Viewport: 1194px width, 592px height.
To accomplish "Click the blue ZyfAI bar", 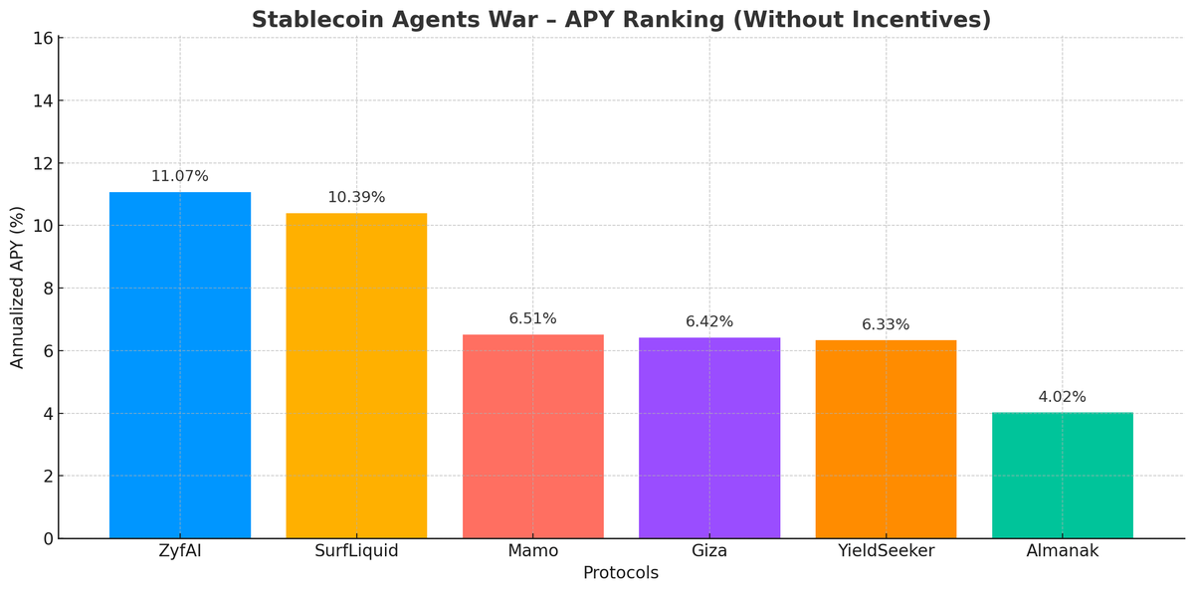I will click(180, 365).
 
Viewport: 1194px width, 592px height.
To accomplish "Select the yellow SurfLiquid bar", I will click(356, 375).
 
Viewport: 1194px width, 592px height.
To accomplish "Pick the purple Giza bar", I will click(709, 438).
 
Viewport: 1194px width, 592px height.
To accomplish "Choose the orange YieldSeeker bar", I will click(886, 439).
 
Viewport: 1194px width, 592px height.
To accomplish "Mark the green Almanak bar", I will click(1062, 475).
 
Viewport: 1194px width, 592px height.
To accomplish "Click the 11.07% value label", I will click(180, 176).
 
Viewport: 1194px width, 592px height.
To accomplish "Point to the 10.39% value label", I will click(356, 197).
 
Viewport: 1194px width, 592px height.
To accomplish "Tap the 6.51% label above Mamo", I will click(532, 318).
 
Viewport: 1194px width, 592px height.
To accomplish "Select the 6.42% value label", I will click(709, 321).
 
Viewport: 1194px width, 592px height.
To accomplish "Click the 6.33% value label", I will click(886, 324).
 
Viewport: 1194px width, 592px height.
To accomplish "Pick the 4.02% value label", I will click(1062, 397).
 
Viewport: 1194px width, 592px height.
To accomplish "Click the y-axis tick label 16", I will click(42, 39).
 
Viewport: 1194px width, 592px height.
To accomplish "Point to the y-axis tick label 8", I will click(47, 289).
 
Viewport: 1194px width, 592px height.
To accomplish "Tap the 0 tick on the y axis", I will click(47, 538).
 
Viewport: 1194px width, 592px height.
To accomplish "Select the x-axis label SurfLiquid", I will click(356, 550).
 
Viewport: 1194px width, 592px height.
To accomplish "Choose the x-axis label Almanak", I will click(1062, 550).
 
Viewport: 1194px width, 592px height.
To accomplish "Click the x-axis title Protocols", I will click(620, 573).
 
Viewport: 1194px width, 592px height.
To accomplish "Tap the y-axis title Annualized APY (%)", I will click(18, 288).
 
